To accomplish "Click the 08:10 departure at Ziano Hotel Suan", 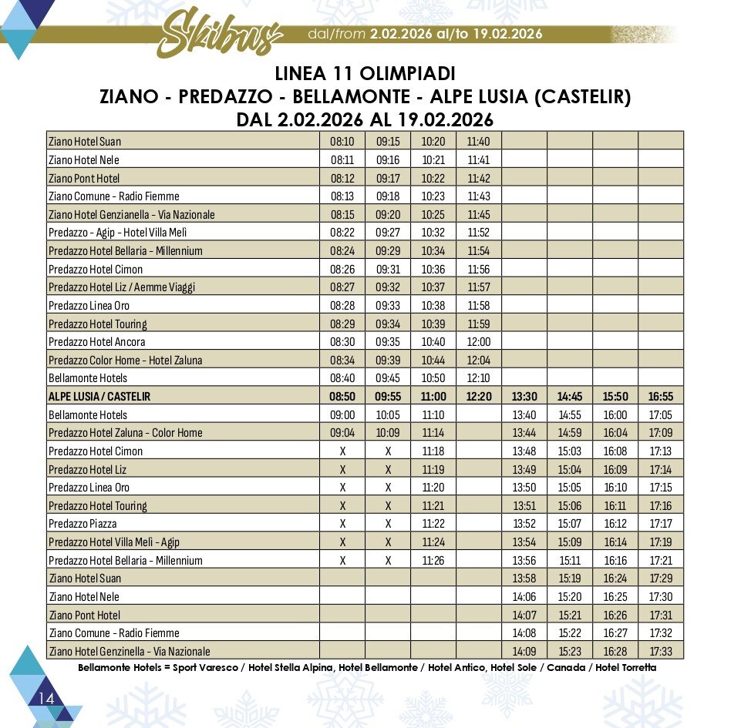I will pos(342,142).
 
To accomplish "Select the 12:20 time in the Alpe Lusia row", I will pos(479,397).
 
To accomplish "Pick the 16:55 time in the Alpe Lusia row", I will pos(661,397).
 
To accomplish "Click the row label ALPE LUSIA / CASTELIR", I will pos(99,397).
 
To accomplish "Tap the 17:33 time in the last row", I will pos(661,652).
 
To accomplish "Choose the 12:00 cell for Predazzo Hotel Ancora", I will pos(479,342).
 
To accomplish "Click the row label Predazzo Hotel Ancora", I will pos(96,342).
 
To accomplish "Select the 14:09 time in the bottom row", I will pos(524,652).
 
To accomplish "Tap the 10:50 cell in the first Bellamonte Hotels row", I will pos(433,378).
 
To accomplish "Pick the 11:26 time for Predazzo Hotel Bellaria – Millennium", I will pos(433,561).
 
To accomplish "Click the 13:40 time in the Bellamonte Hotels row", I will pos(524,415).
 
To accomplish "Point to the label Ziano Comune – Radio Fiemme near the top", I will pos(113,196).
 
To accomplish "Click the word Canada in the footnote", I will pos(567,667).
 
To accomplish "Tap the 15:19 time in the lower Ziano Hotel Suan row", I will pos(570,579).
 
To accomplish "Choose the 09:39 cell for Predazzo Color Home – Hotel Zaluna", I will pos(388,361).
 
